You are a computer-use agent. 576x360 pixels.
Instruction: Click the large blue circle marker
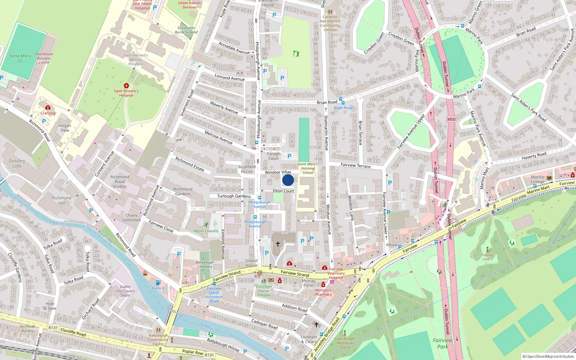pos(288,180)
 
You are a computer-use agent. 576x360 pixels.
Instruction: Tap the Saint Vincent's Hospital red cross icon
pos(126,86)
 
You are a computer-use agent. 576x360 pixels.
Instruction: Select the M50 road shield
pos(451,119)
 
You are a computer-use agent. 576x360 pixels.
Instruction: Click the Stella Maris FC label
pos(20,58)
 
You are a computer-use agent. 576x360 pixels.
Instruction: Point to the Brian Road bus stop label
pos(343,108)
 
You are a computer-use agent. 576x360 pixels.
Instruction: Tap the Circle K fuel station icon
pos(158,283)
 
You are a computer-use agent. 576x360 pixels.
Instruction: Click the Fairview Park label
pos(442,343)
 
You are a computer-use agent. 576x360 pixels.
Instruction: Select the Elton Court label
pos(283,191)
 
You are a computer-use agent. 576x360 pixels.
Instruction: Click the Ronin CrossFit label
pos(206,231)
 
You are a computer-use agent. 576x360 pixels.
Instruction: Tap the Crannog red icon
pos(48,107)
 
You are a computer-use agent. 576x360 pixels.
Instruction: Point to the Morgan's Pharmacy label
pos(323,292)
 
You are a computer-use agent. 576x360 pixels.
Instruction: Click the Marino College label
pos(537,179)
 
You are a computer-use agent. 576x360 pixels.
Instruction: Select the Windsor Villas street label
pos(278,172)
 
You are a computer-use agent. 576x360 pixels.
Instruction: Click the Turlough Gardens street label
pos(234,196)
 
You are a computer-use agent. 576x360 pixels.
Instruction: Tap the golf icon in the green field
pos(296,54)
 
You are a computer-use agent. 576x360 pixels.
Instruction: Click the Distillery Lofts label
pos(17,163)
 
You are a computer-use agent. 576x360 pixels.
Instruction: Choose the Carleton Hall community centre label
pos(330,23)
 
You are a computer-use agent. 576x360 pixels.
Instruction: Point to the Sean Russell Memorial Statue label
pos(345,343)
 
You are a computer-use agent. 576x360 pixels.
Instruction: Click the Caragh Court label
pos(273,156)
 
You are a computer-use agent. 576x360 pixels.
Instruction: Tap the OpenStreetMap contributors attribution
pos(548,356)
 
